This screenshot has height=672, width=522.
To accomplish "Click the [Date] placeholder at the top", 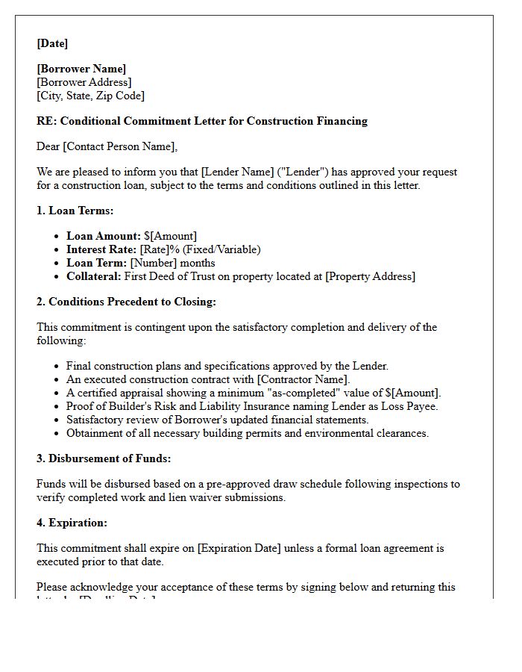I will (x=52, y=43).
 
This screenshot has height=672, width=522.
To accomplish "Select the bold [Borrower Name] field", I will (x=81, y=69).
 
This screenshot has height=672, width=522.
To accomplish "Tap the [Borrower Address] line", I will (x=84, y=82).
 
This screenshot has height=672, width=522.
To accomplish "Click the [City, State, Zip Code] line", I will (x=90, y=96).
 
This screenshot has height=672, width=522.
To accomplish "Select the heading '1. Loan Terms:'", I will (x=75, y=211).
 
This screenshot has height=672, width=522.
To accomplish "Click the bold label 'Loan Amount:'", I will (x=103, y=236).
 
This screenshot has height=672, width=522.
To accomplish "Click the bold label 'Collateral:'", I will (x=93, y=276).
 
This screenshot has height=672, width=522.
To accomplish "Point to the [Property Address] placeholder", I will (x=370, y=276).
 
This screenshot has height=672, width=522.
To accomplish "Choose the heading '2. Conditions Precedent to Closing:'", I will (x=126, y=302).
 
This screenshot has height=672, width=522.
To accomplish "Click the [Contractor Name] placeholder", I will (x=303, y=379).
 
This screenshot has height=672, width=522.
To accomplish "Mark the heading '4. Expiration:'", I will (x=72, y=523).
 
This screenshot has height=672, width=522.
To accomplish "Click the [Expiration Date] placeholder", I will (x=239, y=548).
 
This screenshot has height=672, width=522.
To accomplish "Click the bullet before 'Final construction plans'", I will (x=57, y=367).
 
